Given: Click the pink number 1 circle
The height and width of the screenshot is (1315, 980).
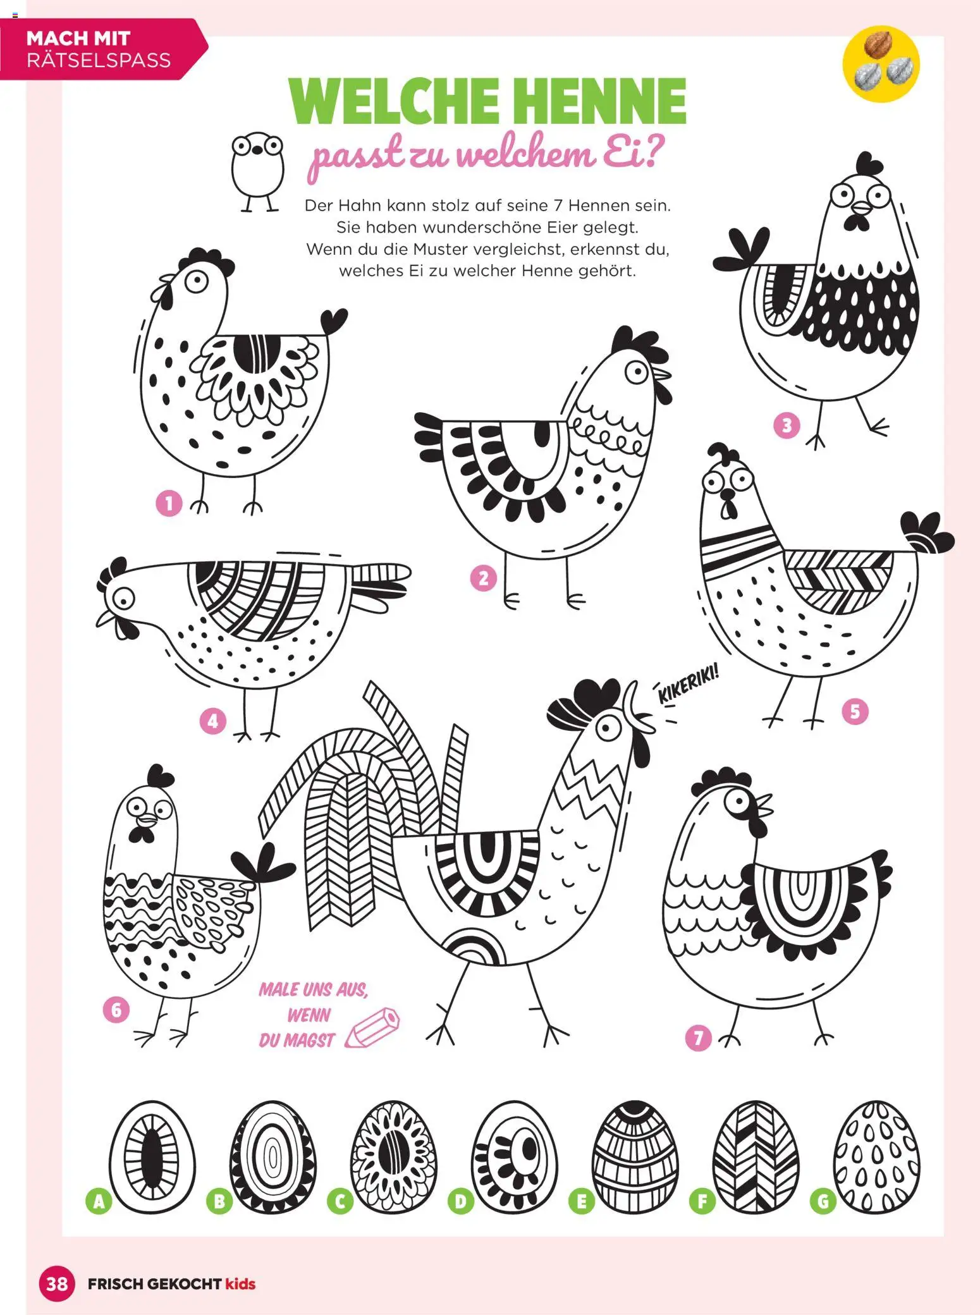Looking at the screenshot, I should (x=169, y=503).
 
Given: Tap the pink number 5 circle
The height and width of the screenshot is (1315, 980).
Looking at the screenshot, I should (x=855, y=712).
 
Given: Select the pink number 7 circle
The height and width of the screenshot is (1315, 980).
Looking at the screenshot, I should (x=698, y=1038).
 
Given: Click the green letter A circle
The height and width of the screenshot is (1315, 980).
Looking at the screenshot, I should (x=99, y=1201).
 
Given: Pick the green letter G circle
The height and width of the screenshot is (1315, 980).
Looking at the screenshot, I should (x=823, y=1201).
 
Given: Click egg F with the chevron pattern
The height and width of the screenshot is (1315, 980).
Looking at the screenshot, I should (x=756, y=1157).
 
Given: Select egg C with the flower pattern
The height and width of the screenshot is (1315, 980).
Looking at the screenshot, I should (x=393, y=1157).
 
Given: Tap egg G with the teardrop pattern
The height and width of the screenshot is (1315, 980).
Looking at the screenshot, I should (x=876, y=1157).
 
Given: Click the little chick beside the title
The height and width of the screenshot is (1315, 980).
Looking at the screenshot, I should (x=257, y=171).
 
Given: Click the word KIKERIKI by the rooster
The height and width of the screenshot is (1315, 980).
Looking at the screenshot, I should (x=689, y=684).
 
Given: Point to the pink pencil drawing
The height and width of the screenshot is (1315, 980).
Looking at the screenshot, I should (x=373, y=1027).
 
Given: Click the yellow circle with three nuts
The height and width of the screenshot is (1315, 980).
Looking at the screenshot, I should (x=881, y=64).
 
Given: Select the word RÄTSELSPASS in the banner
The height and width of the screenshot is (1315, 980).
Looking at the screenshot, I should (x=99, y=60).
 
